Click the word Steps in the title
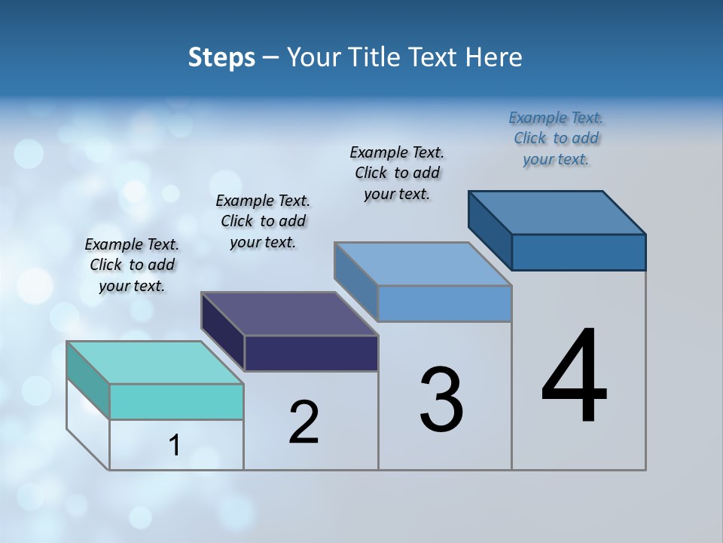click(221, 57)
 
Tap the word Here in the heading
click(494, 57)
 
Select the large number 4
click(574, 377)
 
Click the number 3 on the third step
click(441, 400)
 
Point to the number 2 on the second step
click(304, 422)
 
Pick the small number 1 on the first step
click(175, 446)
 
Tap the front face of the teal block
click(176, 401)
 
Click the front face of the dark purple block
click(311, 353)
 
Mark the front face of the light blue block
click(444, 303)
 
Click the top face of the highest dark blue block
click(557, 212)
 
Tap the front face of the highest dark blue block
click(578, 252)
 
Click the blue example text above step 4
click(556, 139)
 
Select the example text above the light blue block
click(397, 173)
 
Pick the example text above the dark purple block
click(263, 222)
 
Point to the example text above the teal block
click(132, 265)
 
